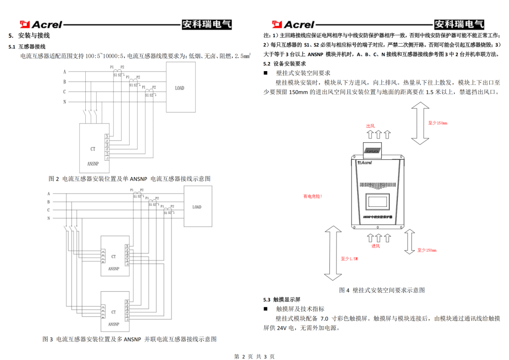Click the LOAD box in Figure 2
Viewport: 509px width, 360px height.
pyautogui.click(x=180, y=88)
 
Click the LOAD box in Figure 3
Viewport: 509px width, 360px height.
pyautogui.click(x=197, y=206)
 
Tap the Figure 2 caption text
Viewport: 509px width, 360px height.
pyautogui.click(x=130, y=179)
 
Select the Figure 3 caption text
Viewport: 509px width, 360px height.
pyautogui.click(x=130, y=339)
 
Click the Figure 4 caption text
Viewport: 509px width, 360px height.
pyautogui.click(x=382, y=290)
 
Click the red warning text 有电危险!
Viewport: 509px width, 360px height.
pyautogui.click(x=312, y=196)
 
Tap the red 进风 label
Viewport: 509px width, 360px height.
pyautogui.click(x=375, y=246)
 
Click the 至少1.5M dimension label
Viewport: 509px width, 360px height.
pyautogui.click(x=349, y=259)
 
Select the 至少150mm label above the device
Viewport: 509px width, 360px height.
pyautogui.click(x=437, y=123)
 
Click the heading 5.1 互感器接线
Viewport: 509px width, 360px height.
pyautogui.click(x=27, y=47)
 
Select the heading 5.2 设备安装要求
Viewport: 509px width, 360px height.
pyautogui.click(x=285, y=64)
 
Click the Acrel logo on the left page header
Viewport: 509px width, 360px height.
pyautogui.click(x=41, y=25)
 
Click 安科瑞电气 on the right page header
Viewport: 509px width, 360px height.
pyautogui.click(x=459, y=25)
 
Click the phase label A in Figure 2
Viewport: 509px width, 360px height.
pyautogui.click(x=65, y=72)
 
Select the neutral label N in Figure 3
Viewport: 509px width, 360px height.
pyautogui.click(x=49, y=219)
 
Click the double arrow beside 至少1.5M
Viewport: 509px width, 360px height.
pyautogui.click(x=333, y=254)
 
